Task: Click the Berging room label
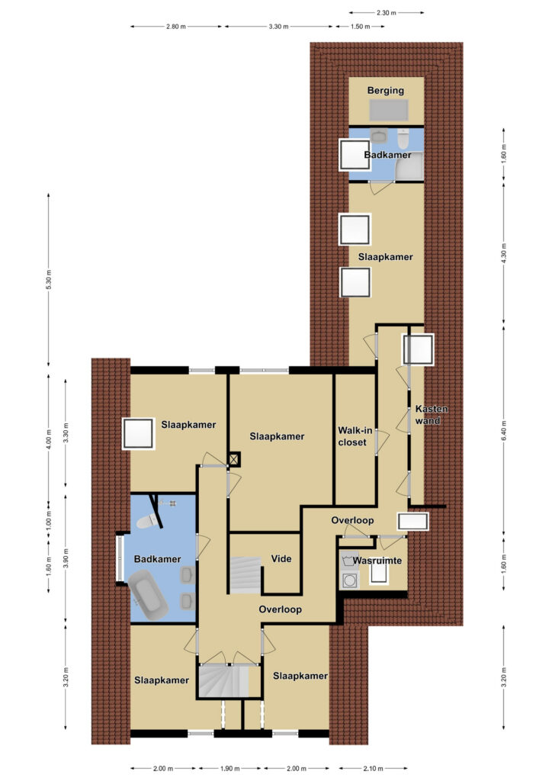385,91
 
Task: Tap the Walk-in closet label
355,436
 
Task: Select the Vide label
281,559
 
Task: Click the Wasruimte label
377,561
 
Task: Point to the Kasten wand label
431,414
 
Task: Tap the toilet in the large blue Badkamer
147,521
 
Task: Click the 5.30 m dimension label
49,280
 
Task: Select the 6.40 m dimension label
503,431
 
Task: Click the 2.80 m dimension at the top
175,27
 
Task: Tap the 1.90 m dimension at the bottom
229,769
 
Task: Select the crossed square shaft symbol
234,458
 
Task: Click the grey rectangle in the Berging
389,110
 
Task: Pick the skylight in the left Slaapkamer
138,434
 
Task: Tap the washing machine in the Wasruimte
349,580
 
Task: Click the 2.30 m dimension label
387,12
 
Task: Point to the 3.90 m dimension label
66,558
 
